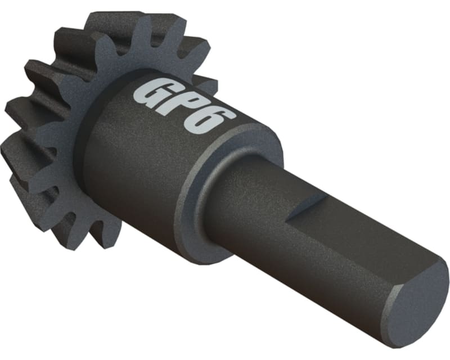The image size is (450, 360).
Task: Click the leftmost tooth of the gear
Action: (22, 112)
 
